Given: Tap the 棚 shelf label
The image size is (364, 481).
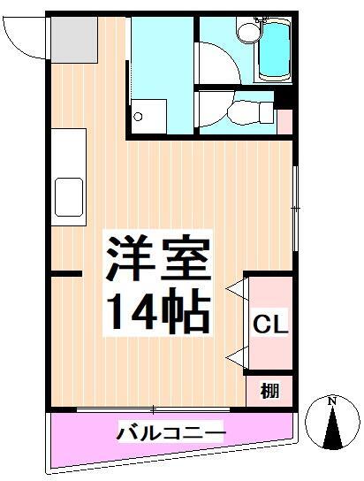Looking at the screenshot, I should click(x=269, y=390).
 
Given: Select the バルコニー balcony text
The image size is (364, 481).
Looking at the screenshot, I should click(x=171, y=433).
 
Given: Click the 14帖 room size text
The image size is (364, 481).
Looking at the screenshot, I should click(x=159, y=309).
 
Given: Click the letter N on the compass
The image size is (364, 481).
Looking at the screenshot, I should click(x=332, y=402).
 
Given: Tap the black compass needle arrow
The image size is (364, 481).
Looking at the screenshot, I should click(x=332, y=430).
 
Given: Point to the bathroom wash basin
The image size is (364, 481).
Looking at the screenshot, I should click(x=248, y=33).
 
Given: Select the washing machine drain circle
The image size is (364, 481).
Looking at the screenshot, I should click(x=139, y=115).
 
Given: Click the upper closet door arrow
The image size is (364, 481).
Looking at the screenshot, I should click(x=236, y=289).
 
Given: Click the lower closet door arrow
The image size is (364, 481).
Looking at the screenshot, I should click(x=236, y=356).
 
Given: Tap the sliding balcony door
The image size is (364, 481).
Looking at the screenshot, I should click(x=155, y=408).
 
